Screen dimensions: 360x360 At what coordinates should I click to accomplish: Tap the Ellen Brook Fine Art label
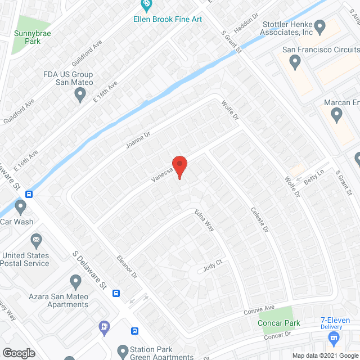point(168,19)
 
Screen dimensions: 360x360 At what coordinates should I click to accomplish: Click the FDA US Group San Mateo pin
point(80,95)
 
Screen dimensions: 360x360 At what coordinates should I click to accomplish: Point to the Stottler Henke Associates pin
point(321,25)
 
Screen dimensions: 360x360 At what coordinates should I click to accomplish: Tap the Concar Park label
point(278,323)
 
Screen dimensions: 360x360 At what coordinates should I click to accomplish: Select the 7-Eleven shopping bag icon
point(334,337)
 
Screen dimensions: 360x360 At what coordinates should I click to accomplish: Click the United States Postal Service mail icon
point(37,241)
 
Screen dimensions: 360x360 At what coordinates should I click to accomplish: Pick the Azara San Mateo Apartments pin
point(76,281)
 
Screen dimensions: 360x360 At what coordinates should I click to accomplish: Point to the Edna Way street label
point(205,220)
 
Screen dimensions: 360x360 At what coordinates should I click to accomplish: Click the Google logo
point(17,353)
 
